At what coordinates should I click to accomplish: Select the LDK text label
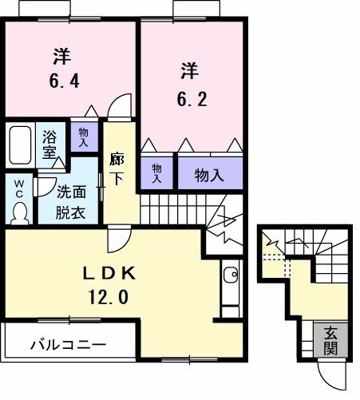point(112,273)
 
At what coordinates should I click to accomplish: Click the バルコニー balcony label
point(68,345)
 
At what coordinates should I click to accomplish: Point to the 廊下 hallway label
point(117,168)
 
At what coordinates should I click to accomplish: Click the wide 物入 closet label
point(208,174)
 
